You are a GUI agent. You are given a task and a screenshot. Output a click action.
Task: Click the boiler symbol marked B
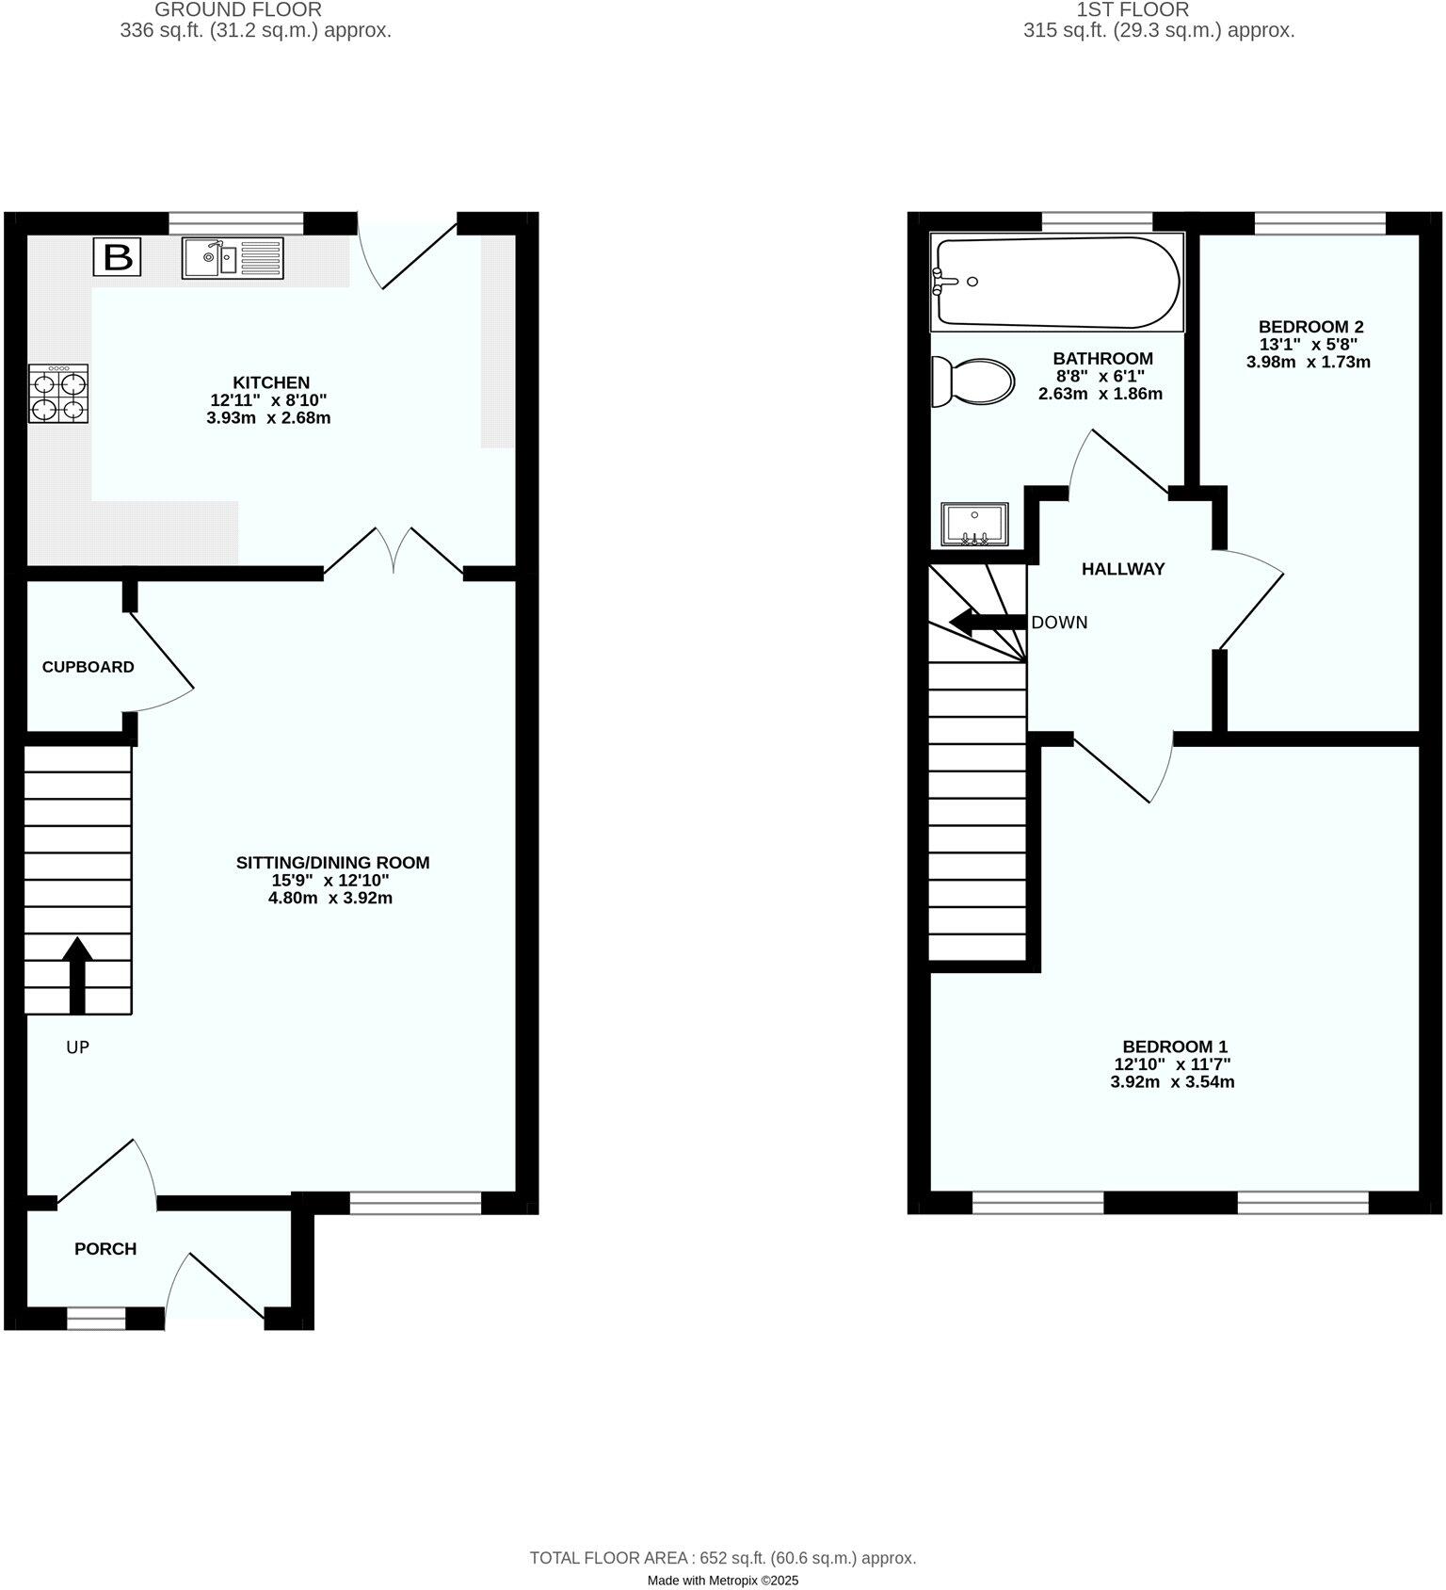[117, 257]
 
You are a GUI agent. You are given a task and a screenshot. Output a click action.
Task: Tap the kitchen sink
[233, 257]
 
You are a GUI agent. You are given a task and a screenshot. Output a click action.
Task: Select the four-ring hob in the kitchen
[58, 394]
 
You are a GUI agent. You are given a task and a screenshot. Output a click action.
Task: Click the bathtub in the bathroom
[1055, 282]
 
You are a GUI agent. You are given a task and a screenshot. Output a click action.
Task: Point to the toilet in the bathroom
[972, 382]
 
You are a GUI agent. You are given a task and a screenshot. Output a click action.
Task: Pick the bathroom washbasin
[974, 525]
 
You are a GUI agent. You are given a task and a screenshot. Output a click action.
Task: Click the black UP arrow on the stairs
[77, 975]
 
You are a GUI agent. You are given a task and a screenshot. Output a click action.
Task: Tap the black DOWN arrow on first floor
[987, 622]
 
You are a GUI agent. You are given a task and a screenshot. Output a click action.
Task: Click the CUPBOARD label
[88, 667]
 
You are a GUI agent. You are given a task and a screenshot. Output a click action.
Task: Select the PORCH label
[105, 1249]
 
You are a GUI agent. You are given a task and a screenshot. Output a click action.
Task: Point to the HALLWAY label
[1123, 569]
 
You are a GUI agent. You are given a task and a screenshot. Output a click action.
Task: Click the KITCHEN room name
[271, 382]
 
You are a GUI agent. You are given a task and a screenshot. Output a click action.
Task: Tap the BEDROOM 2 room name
[1310, 327]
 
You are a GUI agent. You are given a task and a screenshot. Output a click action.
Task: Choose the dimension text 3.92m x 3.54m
[1172, 1081]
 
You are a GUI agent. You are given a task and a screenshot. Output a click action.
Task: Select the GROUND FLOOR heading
[238, 10]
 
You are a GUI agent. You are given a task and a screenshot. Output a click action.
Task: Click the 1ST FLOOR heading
[1133, 10]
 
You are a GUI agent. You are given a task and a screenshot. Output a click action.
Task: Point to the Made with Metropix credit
[722, 1581]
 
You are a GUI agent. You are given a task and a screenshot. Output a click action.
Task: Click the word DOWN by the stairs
[1059, 623]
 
